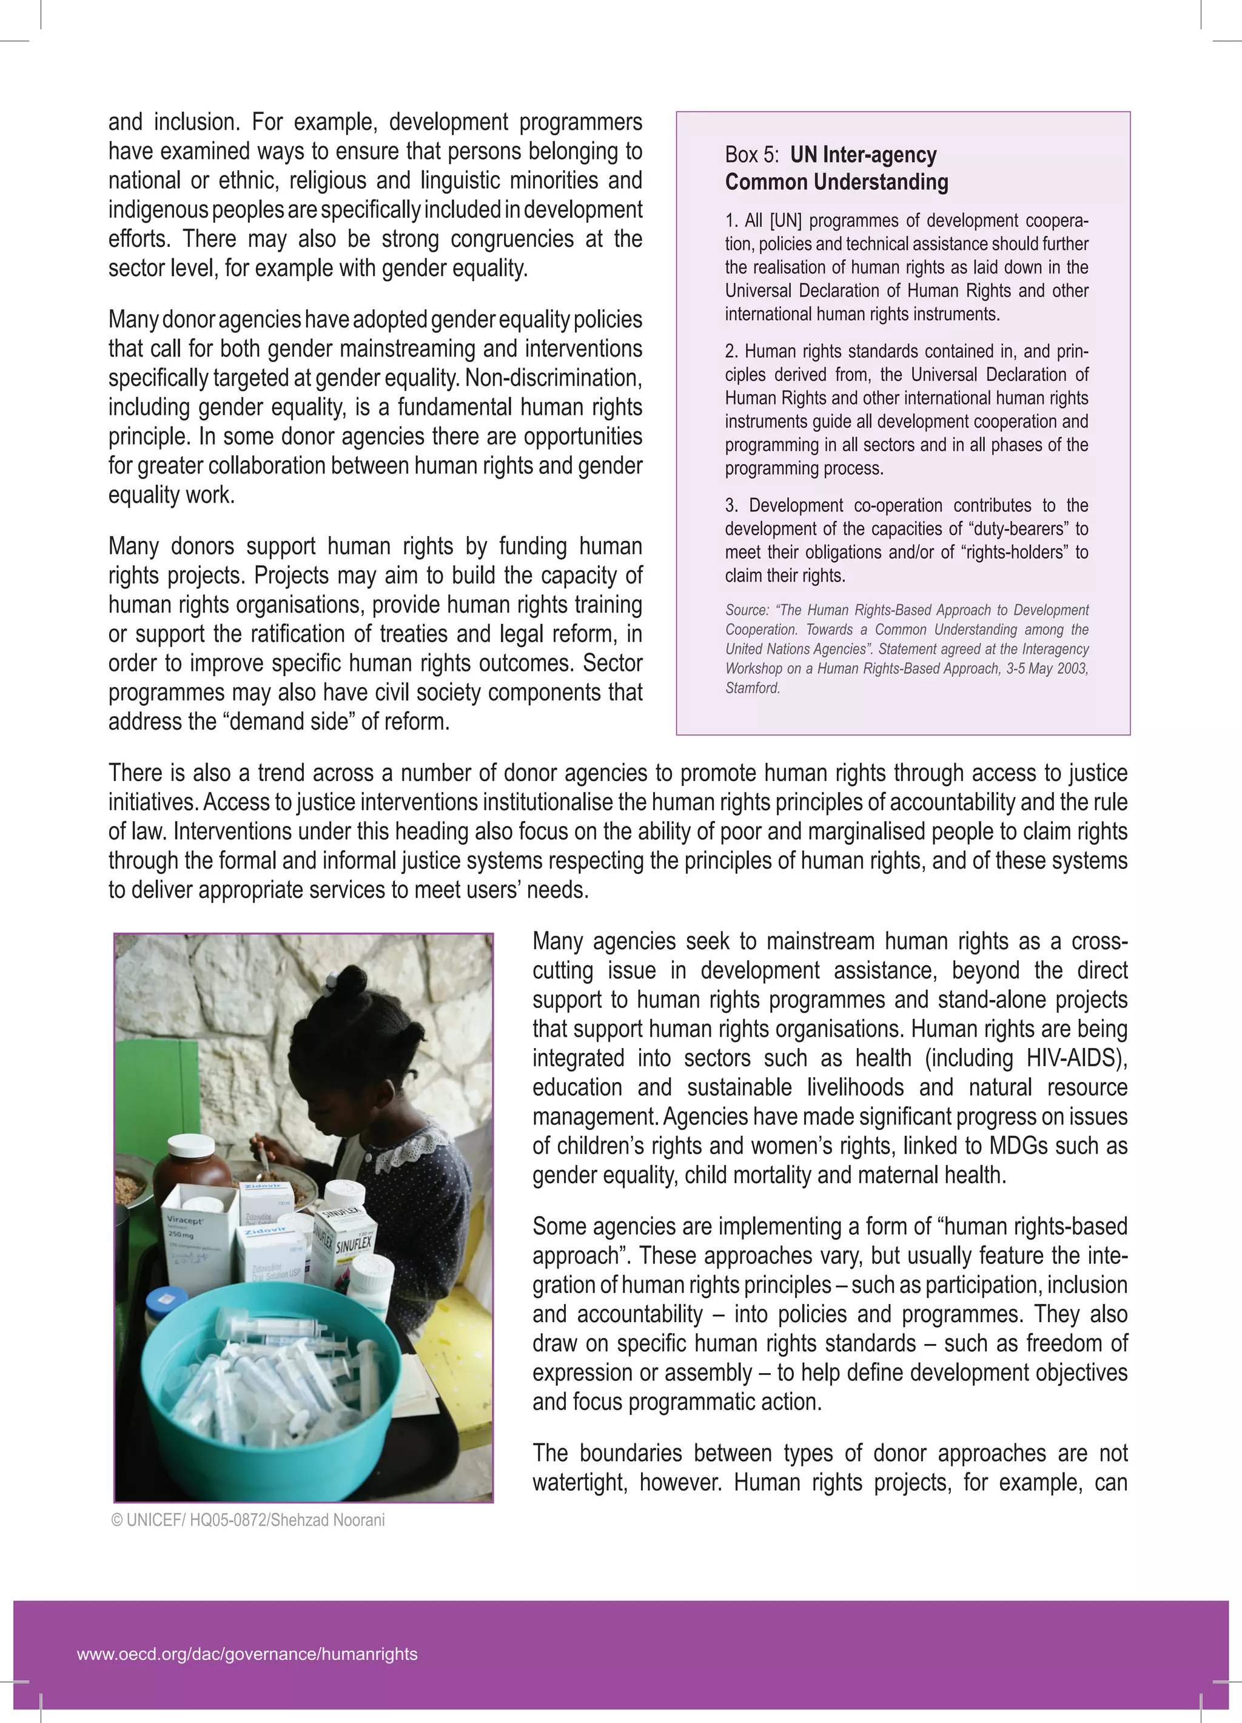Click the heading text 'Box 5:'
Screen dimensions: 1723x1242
[x=751, y=155]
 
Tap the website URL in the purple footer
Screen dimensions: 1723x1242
[x=247, y=1654]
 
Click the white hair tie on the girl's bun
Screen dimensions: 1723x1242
[x=332, y=987]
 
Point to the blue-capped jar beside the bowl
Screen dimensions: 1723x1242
[x=166, y=1308]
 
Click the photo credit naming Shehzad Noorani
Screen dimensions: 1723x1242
[x=247, y=1520]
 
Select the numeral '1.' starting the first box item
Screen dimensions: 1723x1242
[x=731, y=221]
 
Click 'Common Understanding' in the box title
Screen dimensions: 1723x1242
[x=836, y=183]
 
